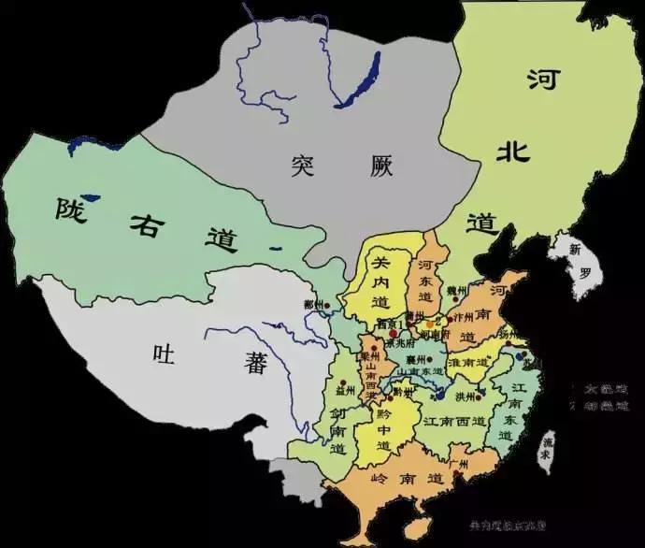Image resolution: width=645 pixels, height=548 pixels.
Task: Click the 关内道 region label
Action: coord(380,277)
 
